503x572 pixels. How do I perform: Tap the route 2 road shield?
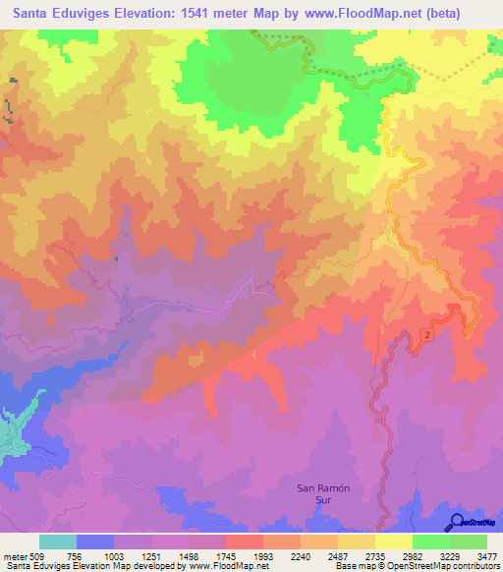pyautogui.click(x=427, y=335)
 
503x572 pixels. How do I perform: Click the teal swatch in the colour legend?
pyautogui.click(x=58, y=542)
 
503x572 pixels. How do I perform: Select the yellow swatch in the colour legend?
pyautogui.click(x=393, y=542)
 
